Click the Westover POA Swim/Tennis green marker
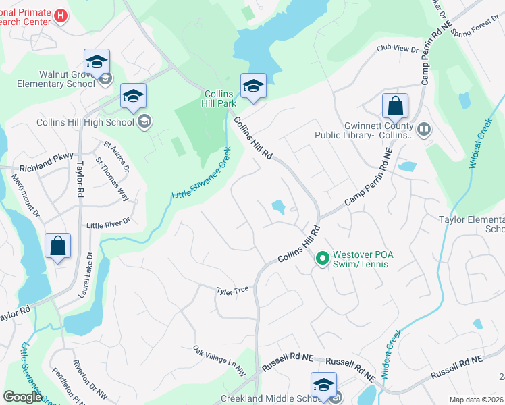coord(322,257)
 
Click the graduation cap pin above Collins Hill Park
coord(253,86)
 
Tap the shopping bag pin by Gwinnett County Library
coord(395,107)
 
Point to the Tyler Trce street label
coord(233,290)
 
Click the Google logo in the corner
coord(22,397)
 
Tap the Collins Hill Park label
coord(220,99)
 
